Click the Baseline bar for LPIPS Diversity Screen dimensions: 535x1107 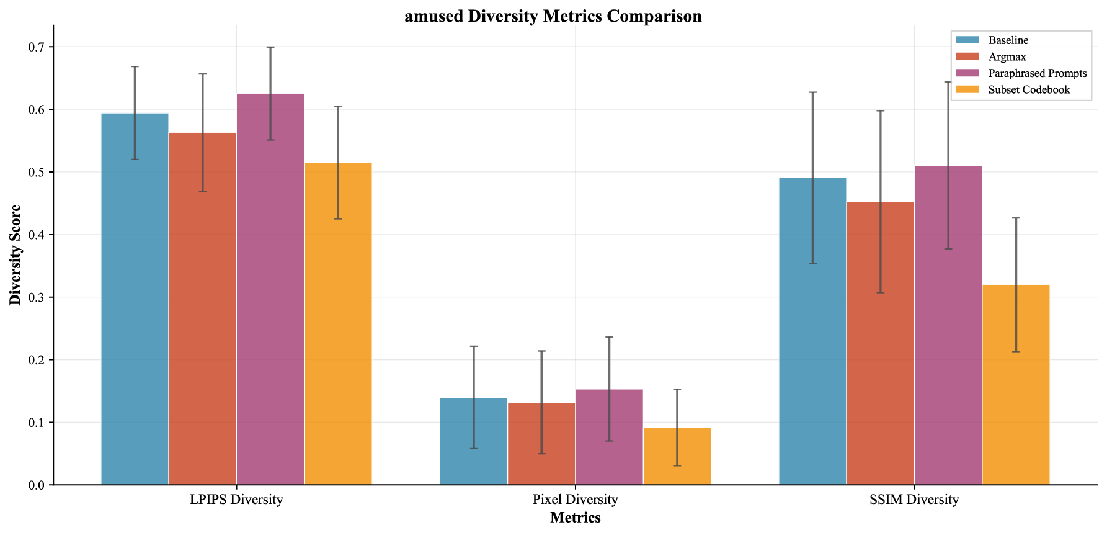point(135,299)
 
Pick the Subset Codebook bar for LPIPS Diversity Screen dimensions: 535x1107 point(338,323)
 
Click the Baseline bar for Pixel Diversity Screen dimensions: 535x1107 point(474,441)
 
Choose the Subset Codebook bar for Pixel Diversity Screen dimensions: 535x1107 point(677,456)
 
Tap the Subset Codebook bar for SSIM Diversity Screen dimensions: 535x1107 point(1016,385)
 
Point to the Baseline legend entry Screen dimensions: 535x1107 point(1008,40)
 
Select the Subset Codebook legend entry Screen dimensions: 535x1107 point(1029,89)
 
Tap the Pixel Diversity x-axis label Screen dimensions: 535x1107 point(575,500)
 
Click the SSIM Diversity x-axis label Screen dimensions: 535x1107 point(914,500)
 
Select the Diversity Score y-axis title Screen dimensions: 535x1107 point(15,254)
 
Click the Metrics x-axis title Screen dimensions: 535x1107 point(575,518)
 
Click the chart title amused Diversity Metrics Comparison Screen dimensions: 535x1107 point(553,16)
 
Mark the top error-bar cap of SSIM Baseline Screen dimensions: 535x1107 point(812,92)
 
